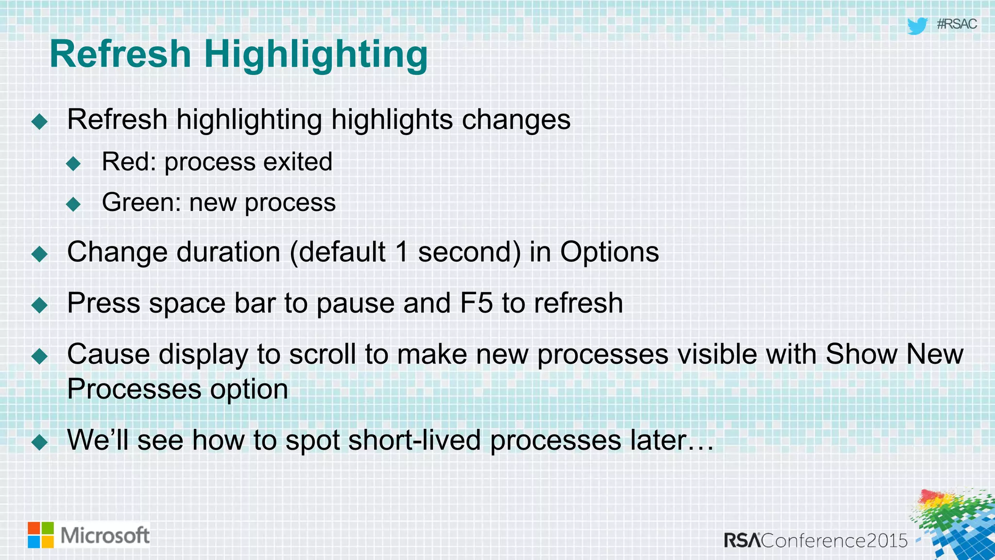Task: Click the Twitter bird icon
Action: pyautogui.click(x=917, y=26)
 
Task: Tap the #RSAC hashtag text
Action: pyautogui.click(x=956, y=24)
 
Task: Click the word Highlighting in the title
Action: pyautogui.click(x=316, y=54)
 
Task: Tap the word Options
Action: pyautogui.click(x=609, y=252)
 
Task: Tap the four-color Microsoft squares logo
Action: pyautogui.click(x=41, y=535)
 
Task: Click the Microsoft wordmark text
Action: pyautogui.click(x=105, y=536)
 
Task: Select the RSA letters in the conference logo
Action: pyautogui.click(x=742, y=541)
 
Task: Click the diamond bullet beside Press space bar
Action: pyautogui.click(x=39, y=305)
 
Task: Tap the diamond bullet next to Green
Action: pyautogui.click(x=73, y=204)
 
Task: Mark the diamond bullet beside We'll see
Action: pyautogui.click(x=39, y=442)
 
